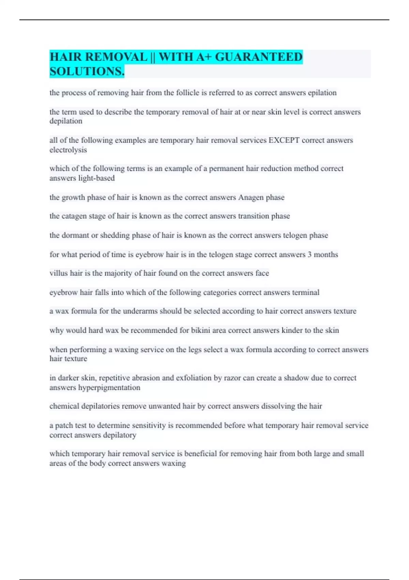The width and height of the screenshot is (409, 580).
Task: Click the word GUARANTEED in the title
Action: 259,57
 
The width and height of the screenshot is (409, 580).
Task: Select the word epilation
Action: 322,93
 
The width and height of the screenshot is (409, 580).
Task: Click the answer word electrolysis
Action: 68,150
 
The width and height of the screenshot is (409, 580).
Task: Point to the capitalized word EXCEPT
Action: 284,140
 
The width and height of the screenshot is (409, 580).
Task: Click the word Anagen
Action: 251,197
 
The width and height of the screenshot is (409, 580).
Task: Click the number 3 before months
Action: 309,255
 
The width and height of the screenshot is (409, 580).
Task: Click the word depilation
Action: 66,121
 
